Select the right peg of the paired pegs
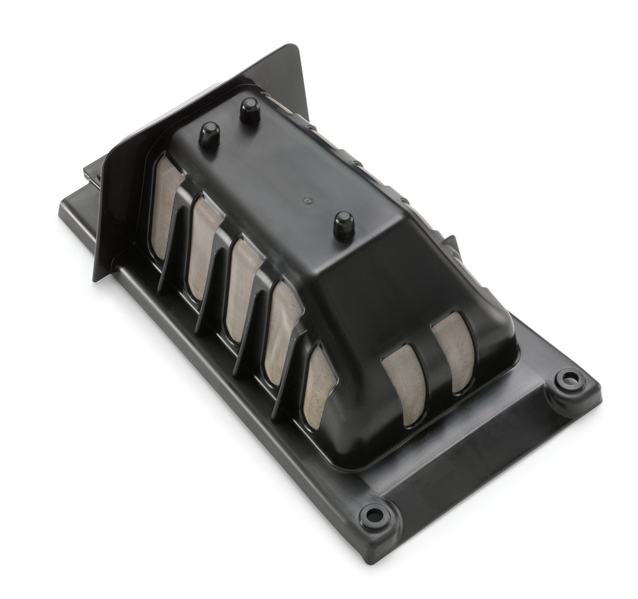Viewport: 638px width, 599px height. click(246, 109)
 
